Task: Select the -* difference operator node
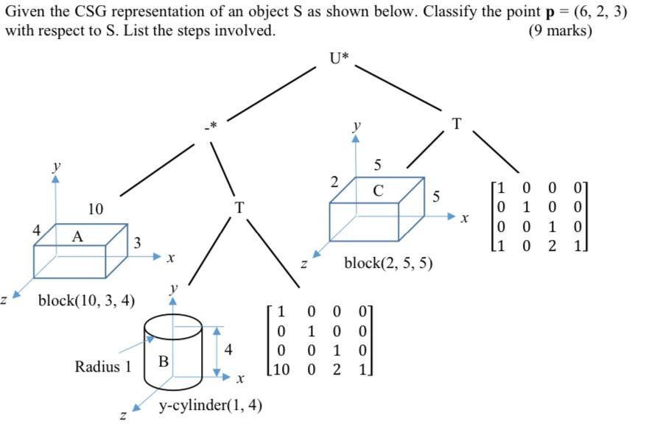(x=211, y=127)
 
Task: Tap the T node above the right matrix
(x=456, y=124)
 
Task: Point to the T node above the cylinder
(x=238, y=208)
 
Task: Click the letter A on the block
(x=77, y=236)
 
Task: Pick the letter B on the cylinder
(x=164, y=361)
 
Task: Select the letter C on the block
(x=378, y=191)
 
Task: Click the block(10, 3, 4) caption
(x=86, y=300)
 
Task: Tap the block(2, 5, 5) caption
(x=388, y=263)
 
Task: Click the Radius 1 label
(x=103, y=366)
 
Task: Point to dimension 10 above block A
(x=95, y=209)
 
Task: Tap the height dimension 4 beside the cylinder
(x=228, y=352)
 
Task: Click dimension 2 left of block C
(x=334, y=181)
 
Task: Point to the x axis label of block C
(x=464, y=219)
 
